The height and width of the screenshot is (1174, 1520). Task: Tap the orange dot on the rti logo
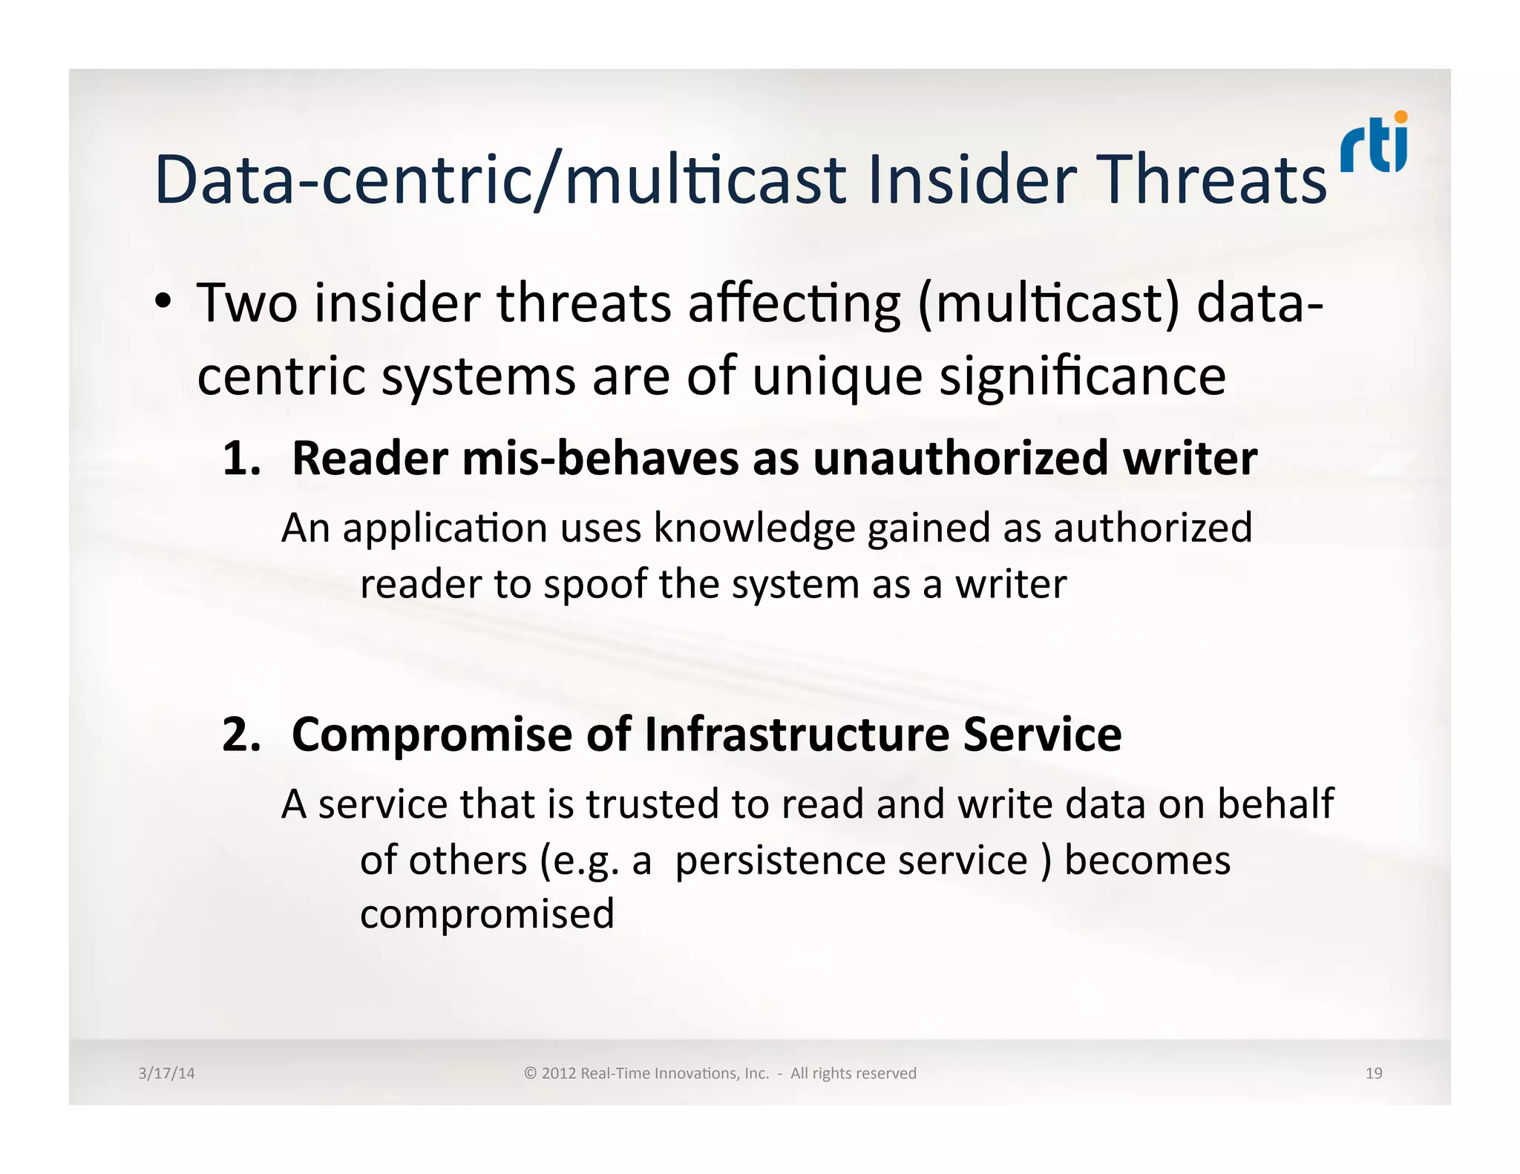pos(1401,117)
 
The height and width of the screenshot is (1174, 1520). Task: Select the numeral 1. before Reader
pos(241,459)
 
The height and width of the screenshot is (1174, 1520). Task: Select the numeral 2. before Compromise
pos(241,735)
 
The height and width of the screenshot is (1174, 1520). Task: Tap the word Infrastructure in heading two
pos(796,735)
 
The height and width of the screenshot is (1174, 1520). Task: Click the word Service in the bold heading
pos(1042,735)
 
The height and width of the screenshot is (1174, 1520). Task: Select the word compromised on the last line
pos(487,914)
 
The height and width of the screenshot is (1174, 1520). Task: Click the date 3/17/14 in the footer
pos(166,1073)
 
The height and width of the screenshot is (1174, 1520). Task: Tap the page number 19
pos(1374,1073)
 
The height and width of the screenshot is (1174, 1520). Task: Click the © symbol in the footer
pos(530,1073)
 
